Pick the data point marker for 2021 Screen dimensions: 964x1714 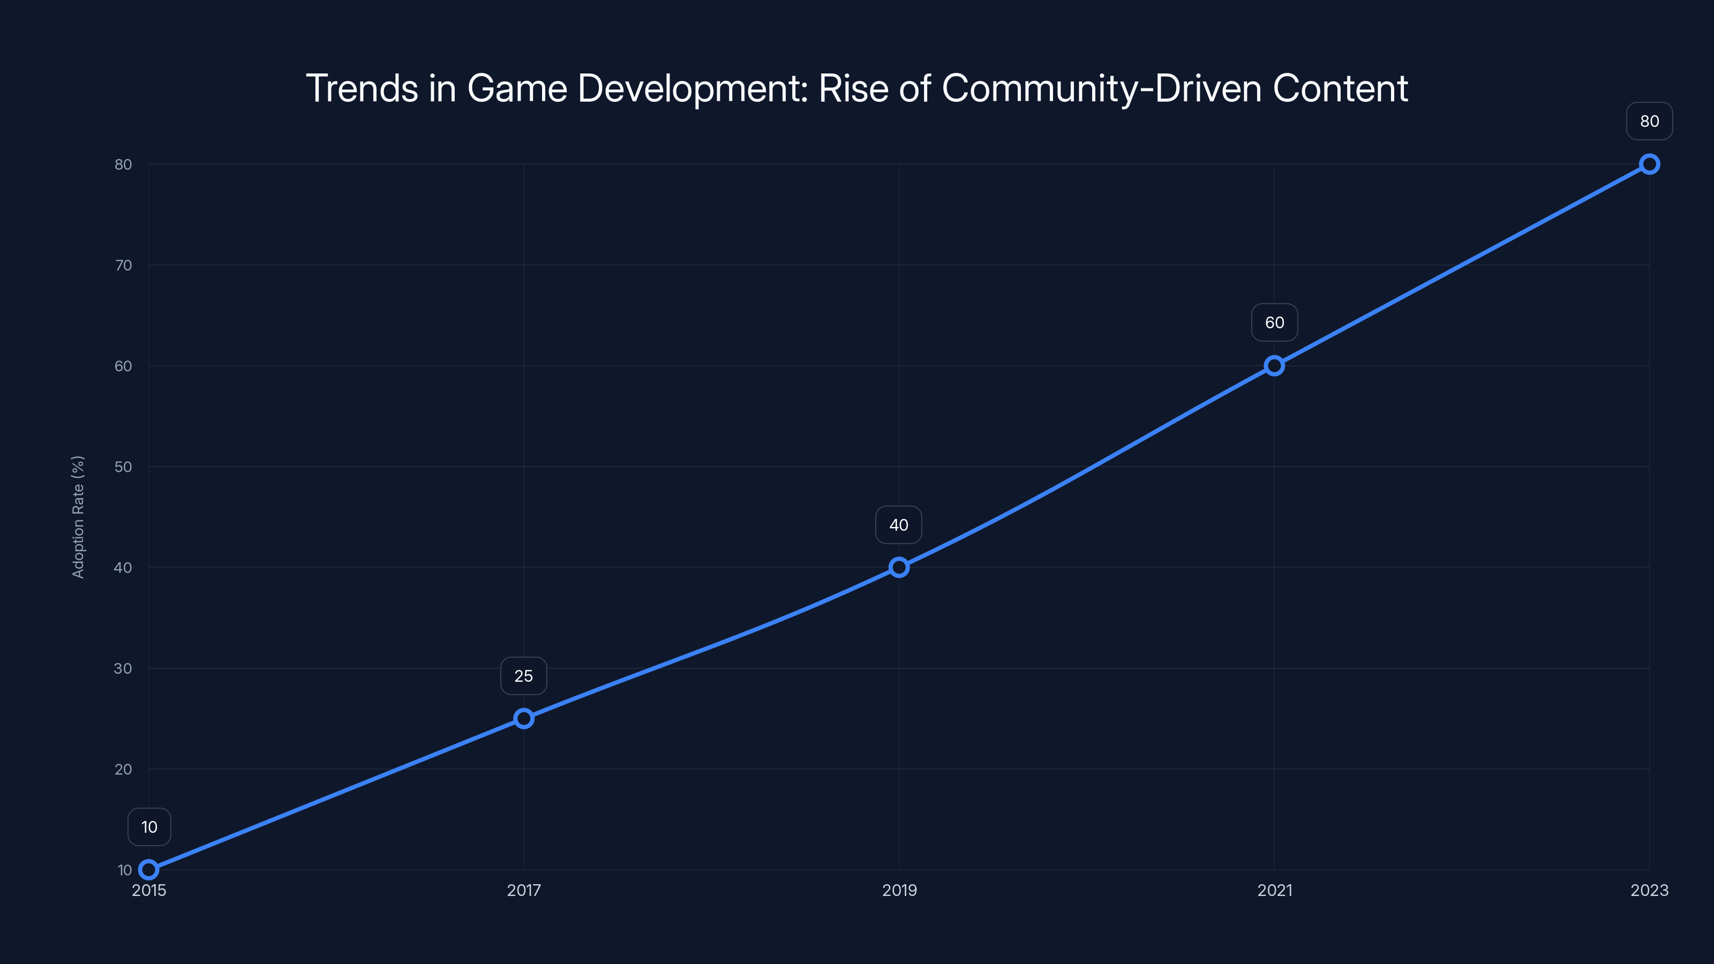[1274, 365]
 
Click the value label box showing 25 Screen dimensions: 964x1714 [524, 675]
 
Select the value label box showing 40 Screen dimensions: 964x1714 [898, 524]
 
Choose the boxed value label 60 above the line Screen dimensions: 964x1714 [1274, 322]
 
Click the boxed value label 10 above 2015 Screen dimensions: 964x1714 [149, 826]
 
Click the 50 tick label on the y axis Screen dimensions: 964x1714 [123, 466]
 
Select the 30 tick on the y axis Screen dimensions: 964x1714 [123, 668]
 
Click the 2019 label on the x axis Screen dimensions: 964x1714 [899, 890]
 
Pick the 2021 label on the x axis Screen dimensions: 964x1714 [1274, 890]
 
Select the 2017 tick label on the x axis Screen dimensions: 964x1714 [524, 890]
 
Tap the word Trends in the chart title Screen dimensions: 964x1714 [362, 88]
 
